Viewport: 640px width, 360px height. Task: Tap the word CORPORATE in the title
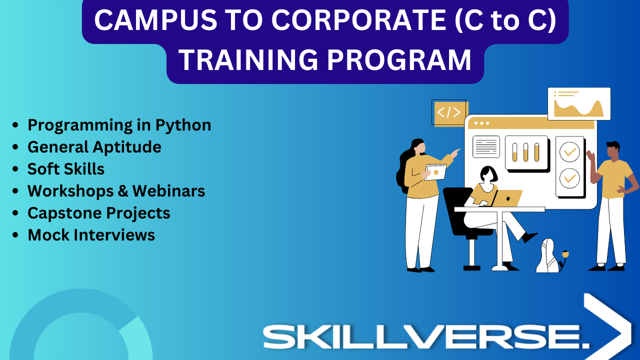coord(358,20)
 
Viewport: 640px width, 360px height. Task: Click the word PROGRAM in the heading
coord(399,60)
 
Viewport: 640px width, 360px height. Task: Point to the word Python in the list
coord(183,125)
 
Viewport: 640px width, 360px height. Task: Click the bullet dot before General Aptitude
coord(15,147)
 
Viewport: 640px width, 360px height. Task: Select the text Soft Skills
coord(65,169)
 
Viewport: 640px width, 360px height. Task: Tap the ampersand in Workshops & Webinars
coord(123,191)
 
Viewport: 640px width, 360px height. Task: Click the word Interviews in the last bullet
coord(114,235)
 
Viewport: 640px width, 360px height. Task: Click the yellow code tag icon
coord(449,112)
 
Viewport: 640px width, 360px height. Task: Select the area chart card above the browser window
coord(579,103)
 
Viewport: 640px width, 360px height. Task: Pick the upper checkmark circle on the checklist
coord(569,151)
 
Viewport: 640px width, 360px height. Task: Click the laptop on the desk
coord(506,198)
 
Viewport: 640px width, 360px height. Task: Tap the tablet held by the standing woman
coord(435,172)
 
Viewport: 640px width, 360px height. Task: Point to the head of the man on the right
coord(613,150)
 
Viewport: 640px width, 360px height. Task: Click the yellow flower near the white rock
coord(565,254)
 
